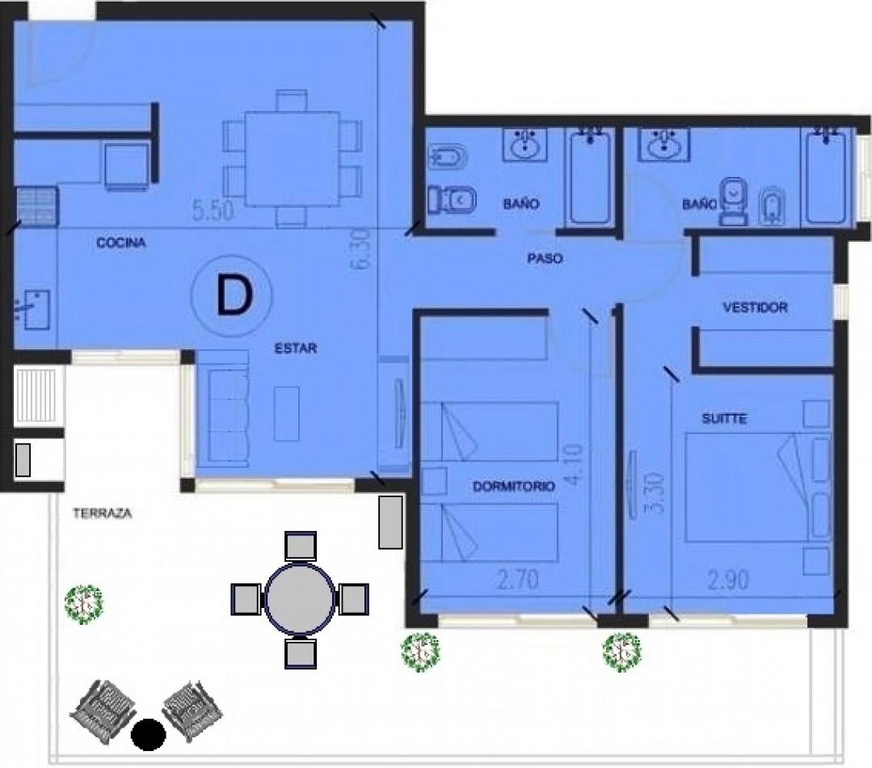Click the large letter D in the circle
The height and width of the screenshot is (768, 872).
[232, 297]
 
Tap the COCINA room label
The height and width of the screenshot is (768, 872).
[120, 243]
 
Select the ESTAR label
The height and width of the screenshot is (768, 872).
[295, 349]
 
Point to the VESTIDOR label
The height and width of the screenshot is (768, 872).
[755, 308]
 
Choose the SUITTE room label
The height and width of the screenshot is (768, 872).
[723, 419]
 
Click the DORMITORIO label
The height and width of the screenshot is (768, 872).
[513, 487]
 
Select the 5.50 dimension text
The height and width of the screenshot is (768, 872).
[213, 212]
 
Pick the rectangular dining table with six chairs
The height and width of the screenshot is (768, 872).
[292, 158]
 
